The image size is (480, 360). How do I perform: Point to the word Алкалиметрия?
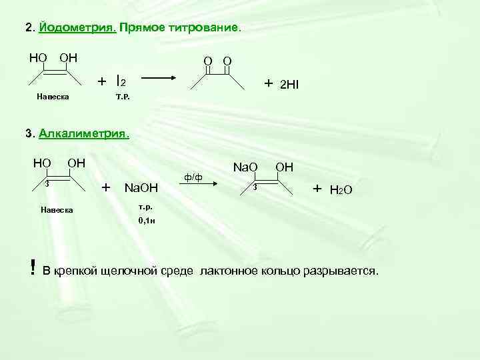[84, 133]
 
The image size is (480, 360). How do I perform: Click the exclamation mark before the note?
[31, 269]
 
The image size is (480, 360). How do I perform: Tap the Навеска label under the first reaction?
[53, 97]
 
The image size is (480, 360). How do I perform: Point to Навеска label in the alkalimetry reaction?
[57, 211]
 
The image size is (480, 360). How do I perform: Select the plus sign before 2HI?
[268, 83]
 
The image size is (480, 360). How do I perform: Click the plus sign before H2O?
[317, 189]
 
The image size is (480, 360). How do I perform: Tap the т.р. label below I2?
[123, 97]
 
